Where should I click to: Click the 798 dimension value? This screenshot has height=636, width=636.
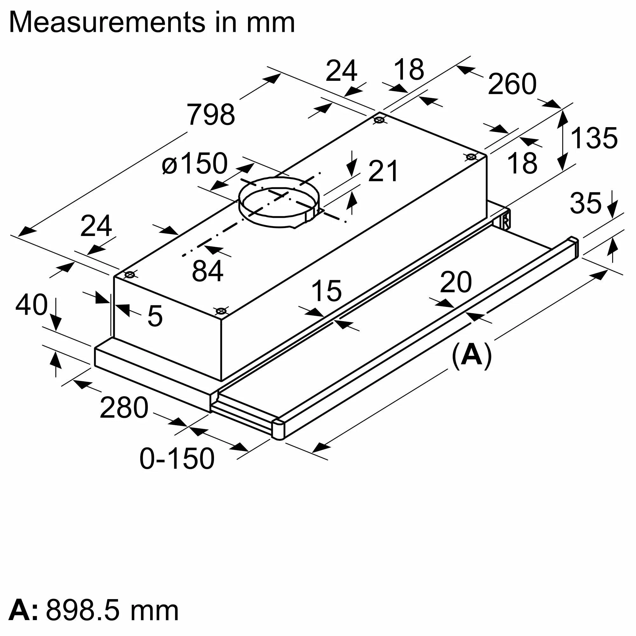[211, 114]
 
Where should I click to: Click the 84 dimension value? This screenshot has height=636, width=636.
[207, 271]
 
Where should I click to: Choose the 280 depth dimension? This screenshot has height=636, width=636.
[124, 408]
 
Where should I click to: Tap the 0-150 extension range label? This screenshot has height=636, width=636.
[177, 458]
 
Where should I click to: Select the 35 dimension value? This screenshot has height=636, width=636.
[585, 203]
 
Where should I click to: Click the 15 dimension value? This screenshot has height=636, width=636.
[326, 291]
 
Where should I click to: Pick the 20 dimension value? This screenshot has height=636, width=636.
[456, 282]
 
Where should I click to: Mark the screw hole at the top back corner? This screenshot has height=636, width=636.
[379, 120]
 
